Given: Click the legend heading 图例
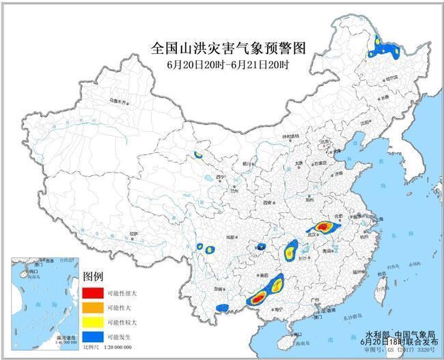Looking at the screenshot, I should (93, 277).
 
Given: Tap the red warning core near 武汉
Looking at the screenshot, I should (325, 226).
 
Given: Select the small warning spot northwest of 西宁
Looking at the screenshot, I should (198, 156).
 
